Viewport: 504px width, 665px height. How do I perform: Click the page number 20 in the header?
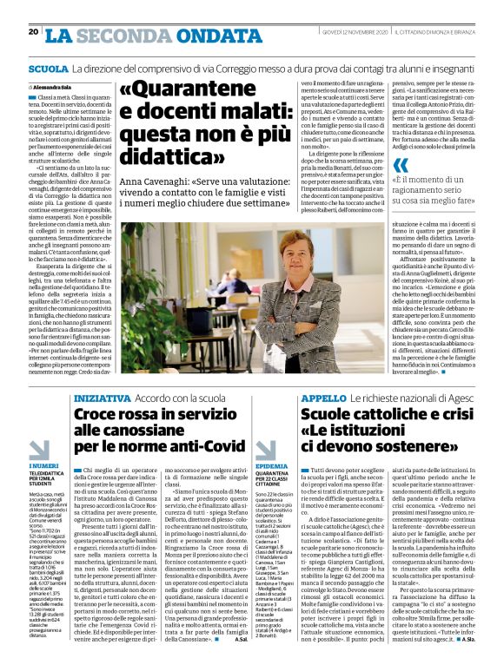[33, 32]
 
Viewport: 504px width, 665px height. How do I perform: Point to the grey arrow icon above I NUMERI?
[38, 450]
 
